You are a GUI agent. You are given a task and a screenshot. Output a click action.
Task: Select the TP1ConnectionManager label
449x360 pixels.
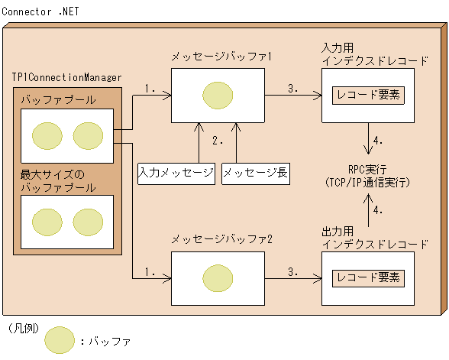pos(66,78)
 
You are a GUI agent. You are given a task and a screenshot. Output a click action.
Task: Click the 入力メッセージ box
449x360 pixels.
pos(176,173)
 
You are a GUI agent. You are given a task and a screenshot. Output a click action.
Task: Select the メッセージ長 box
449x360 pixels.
pos(256,173)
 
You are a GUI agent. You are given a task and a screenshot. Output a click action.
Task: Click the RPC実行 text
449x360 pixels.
pos(369,170)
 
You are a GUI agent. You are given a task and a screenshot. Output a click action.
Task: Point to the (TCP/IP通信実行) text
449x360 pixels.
pos(369,183)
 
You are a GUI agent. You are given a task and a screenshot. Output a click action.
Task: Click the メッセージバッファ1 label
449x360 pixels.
pos(221,57)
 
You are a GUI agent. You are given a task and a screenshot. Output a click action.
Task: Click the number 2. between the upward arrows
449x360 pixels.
pos(218,141)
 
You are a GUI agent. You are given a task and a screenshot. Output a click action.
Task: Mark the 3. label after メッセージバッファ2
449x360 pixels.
pos(294,270)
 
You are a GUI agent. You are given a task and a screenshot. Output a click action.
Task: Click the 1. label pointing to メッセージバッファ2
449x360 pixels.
pos(150,270)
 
